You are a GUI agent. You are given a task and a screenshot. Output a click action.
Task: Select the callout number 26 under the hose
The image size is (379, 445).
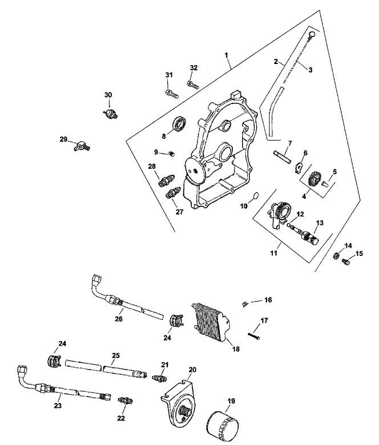click(119, 318)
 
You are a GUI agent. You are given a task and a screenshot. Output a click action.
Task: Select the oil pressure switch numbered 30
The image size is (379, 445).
click(110, 111)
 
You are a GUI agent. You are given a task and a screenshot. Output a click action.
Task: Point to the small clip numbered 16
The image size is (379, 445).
click(243, 302)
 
